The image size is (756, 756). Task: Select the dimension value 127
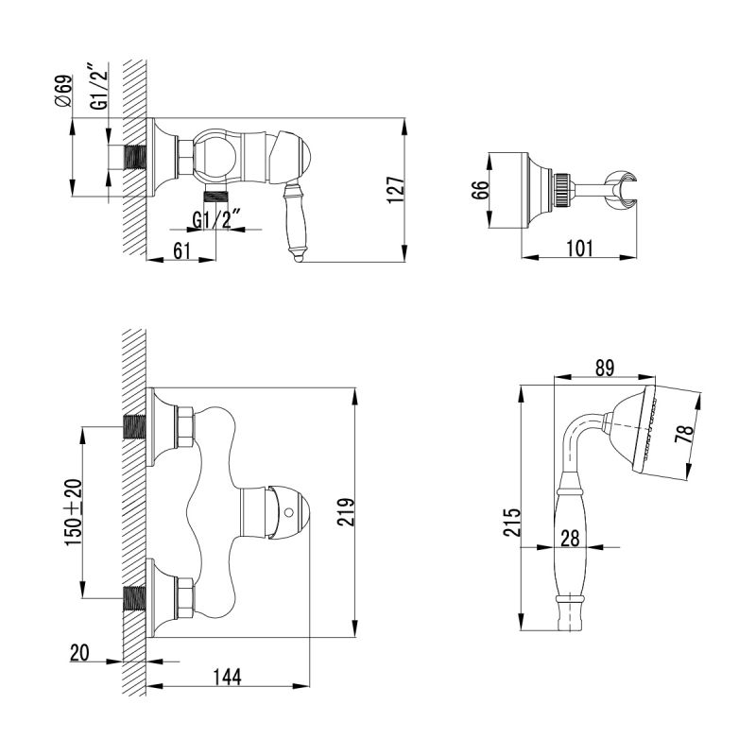(397, 189)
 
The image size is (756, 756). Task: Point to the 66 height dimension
(479, 190)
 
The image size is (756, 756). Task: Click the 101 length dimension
(578, 249)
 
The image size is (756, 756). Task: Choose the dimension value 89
(605, 369)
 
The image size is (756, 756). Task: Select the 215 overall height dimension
(512, 521)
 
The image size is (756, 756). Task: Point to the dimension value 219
(345, 514)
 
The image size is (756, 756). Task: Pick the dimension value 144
(228, 677)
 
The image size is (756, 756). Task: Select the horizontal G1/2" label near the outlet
(217, 220)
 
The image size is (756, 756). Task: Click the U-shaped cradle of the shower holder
(621, 183)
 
